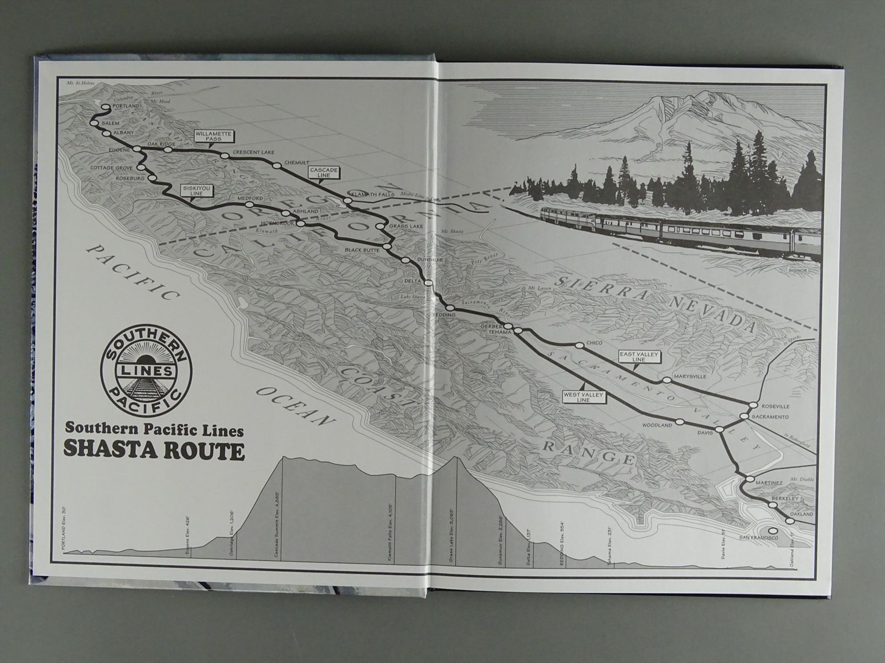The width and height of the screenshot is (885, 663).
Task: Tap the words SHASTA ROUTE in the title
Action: [155, 450]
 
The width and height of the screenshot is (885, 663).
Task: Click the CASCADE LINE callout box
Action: [324, 174]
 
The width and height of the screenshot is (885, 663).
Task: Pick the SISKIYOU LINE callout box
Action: [197, 191]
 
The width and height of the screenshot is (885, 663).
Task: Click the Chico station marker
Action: [579, 345]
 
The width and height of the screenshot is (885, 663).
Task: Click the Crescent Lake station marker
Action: [224, 156]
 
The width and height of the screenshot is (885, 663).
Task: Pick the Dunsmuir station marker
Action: [405, 260]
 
